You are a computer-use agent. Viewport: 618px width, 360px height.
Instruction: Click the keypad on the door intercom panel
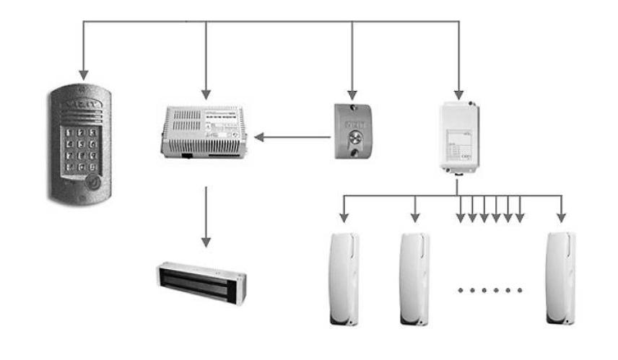(79, 150)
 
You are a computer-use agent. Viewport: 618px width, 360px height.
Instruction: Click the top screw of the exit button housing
(353, 110)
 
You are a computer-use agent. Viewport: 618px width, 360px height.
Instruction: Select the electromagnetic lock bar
(201, 282)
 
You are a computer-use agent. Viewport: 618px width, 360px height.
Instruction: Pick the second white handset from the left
(415, 278)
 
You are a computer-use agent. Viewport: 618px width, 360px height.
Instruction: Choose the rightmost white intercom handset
(561, 278)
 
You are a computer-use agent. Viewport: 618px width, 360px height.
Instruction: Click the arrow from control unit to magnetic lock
(206, 216)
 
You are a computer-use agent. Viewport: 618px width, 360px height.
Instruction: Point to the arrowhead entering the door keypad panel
(84, 74)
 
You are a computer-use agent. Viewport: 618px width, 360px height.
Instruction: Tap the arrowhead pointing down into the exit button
(352, 95)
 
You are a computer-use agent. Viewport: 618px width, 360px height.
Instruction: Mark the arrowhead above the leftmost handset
(343, 218)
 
